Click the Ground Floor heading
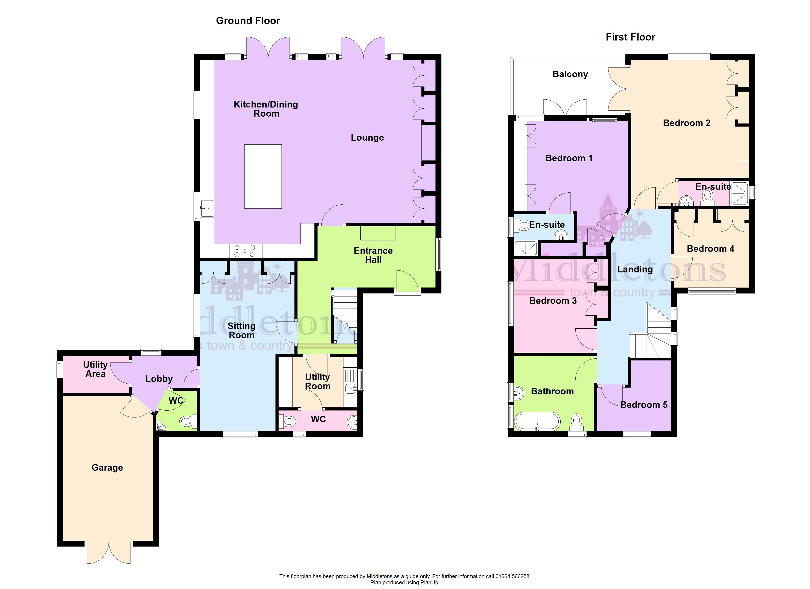(x=248, y=21)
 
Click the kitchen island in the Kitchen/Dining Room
(x=263, y=176)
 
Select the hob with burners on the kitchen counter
(x=245, y=251)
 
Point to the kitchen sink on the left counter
(x=207, y=208)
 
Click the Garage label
(x=107, y=468)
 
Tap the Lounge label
(x=367, y=137)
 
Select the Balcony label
(x=570, y=74)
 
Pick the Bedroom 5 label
(x=644, y=405)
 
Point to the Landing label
(x=635, y=269)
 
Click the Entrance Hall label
(x=373, y=255)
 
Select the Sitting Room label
(x=242, y=330)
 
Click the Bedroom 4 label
(x=710, y=249)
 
